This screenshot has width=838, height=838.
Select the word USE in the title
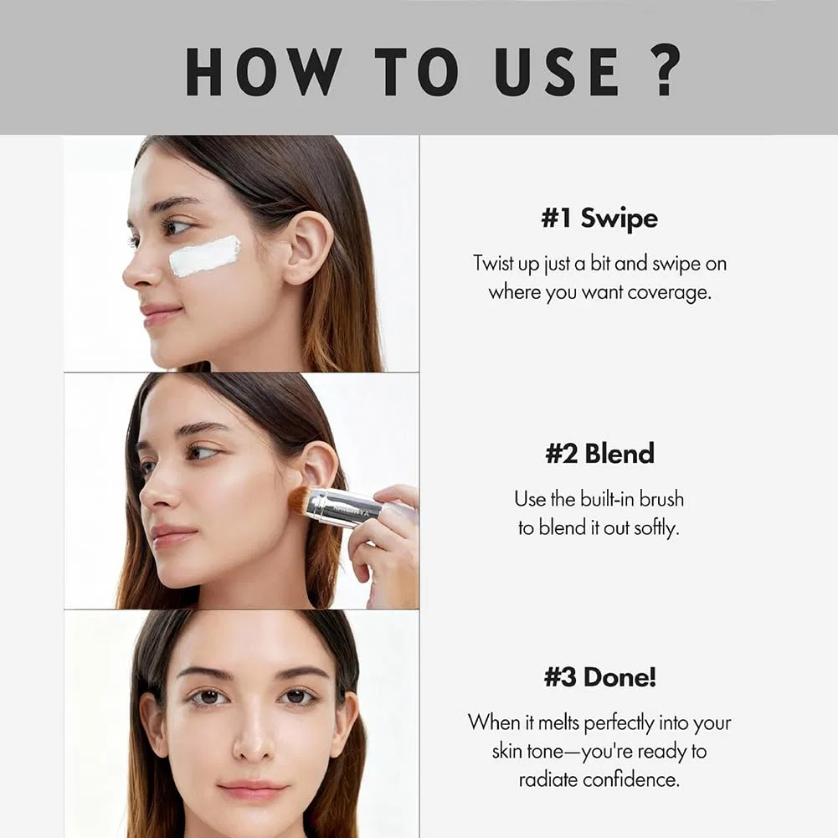click(557, 71)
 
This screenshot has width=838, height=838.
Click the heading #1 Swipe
click(599, 218)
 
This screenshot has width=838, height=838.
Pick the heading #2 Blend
click(599, 453)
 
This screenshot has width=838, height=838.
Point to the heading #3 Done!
click(599, 677)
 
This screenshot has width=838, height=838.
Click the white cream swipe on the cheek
click(205, 256)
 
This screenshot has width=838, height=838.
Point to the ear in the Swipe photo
click(308, 247)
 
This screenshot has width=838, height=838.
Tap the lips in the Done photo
click(252, 789)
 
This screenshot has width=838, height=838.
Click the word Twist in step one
click(493, 264)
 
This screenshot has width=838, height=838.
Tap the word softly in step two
click(656, 528)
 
